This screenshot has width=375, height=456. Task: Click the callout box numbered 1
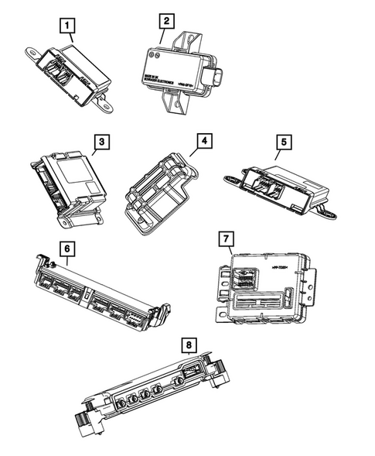point(70,28)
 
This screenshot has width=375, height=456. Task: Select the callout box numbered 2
point(169,22)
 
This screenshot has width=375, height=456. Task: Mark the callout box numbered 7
point(225,237)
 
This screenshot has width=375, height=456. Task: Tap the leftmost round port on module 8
point(122,402)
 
